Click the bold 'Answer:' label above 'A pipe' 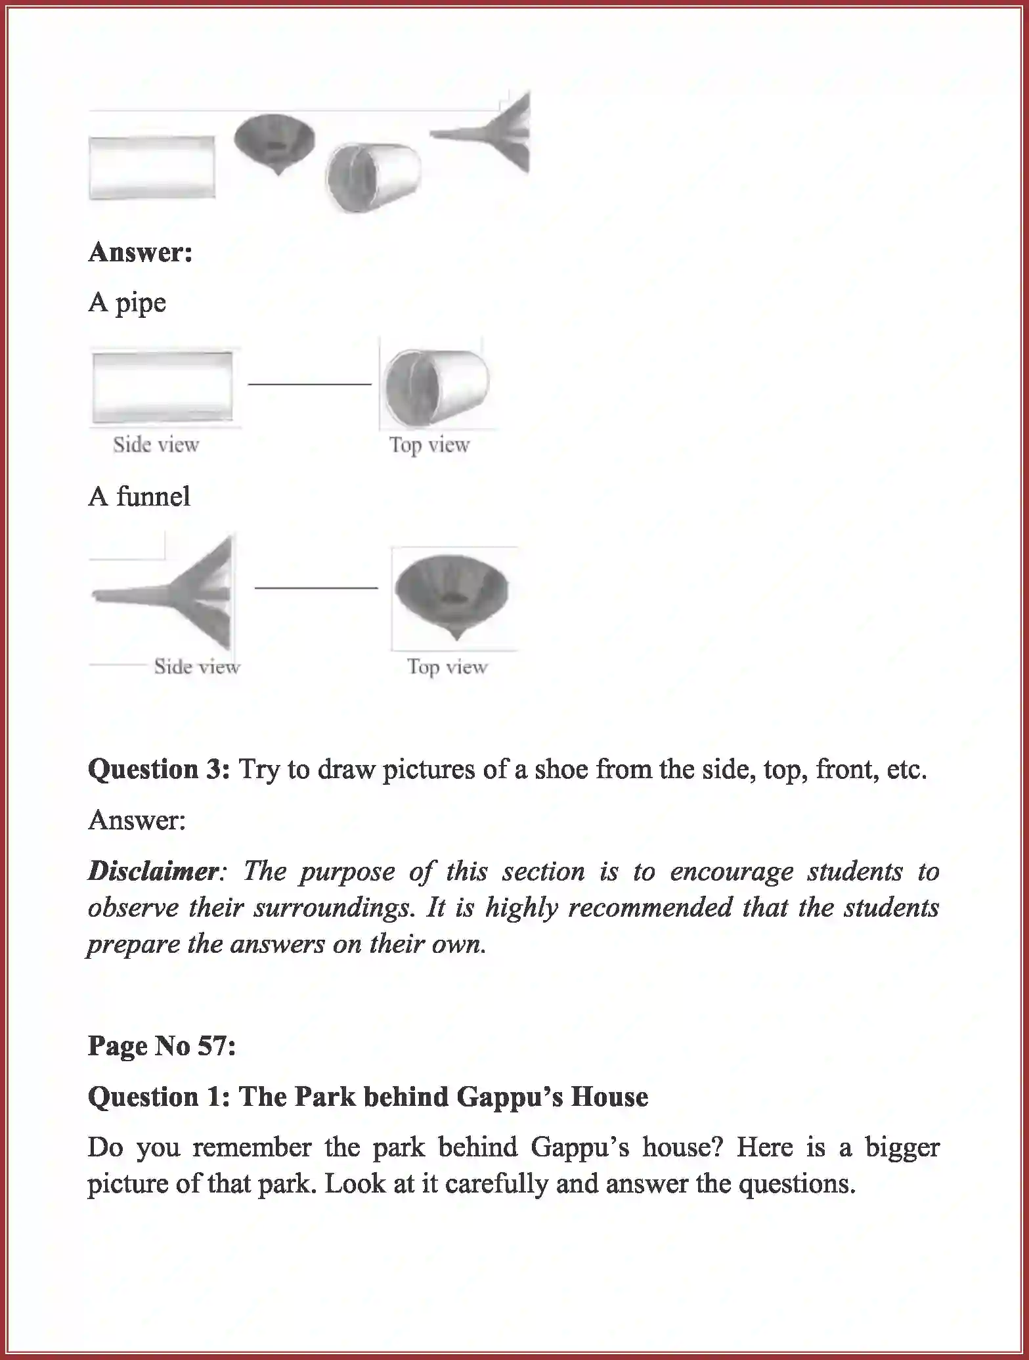click(140, 252)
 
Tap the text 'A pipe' click(127, 303)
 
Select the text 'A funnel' click(139, 496)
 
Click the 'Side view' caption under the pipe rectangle click(156, 445)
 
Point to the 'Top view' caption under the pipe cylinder click(429, 445)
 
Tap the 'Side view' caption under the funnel click(197, 667)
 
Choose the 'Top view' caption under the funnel click(447, 667)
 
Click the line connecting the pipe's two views click(309, 384)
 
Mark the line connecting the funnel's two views click(316, 588)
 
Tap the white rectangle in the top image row click(152, 167)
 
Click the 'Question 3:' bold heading click(159, 769)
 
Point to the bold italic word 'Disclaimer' click(153, 871)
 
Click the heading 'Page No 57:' click(162, 1046)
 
